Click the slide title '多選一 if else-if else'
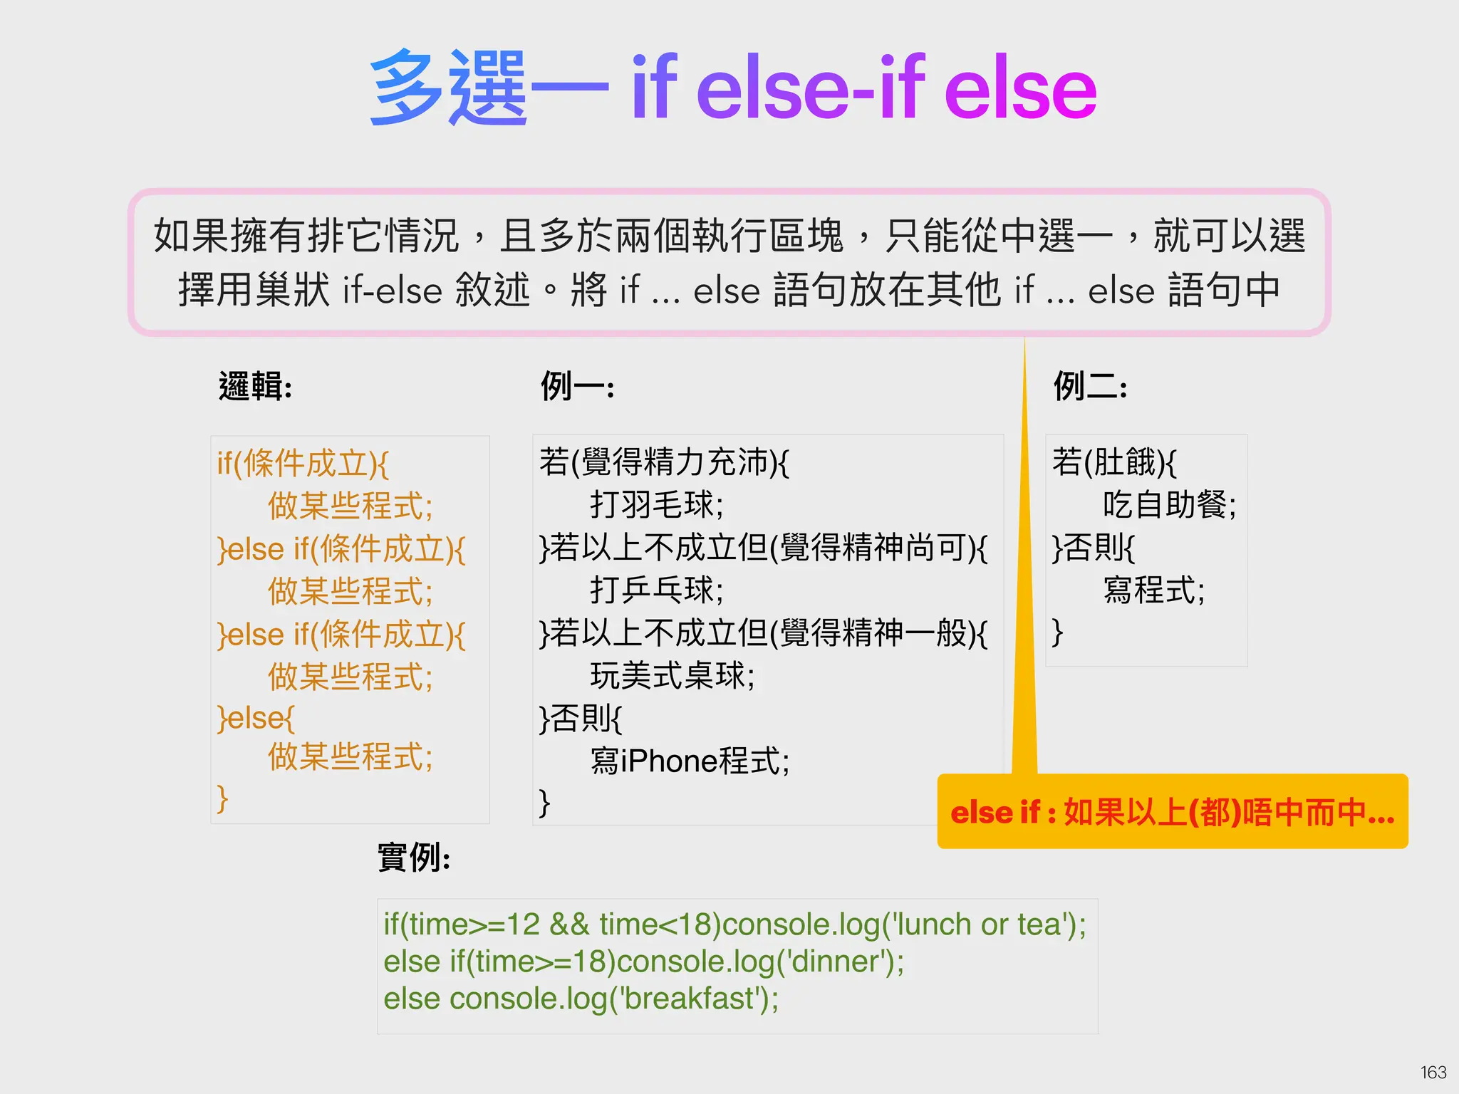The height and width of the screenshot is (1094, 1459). pyautogui.click(x=733, y=88)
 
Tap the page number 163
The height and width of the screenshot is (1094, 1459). pyautogui.click(x=1433, y=1072)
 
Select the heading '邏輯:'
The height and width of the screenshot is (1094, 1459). pyautogui.click(x=255, y=387)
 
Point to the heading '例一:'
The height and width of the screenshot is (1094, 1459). pyautogui.click(x=577, y=387)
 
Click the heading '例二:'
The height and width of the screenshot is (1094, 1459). pyautogui.click(x=1090, y=387)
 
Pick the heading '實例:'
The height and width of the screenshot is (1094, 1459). pyautogui.click(x=413, y=857)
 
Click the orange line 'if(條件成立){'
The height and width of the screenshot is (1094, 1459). pyautogui.click(x=303, y=464)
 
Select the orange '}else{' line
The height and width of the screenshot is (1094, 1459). pyautogui.click(x=256, y=717)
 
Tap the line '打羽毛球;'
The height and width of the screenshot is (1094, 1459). pyautogui.click(x=656, y=505)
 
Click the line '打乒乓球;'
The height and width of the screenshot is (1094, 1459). pyautogui.click(x=656, y=590)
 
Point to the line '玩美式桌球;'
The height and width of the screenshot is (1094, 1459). pyautogui.click(x=672, y=675)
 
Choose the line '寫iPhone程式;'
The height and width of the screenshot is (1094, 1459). pyautogui.click(x=690, y=761)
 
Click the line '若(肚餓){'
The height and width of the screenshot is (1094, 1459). pyautogui.click(x=1114, y=462)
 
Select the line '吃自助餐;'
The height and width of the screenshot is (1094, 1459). pyautogui.click(x=1169, y=505)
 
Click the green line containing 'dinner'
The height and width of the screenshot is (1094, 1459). pyautogui.click(x=643, y=962)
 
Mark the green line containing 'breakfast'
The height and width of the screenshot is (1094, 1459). pyautogui.click(x=581, y=999)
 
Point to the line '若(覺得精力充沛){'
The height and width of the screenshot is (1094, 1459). pyautogui.click(x=664, y=462)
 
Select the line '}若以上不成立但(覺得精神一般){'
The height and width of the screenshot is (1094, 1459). pyautogui.click(x=763, y=633)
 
